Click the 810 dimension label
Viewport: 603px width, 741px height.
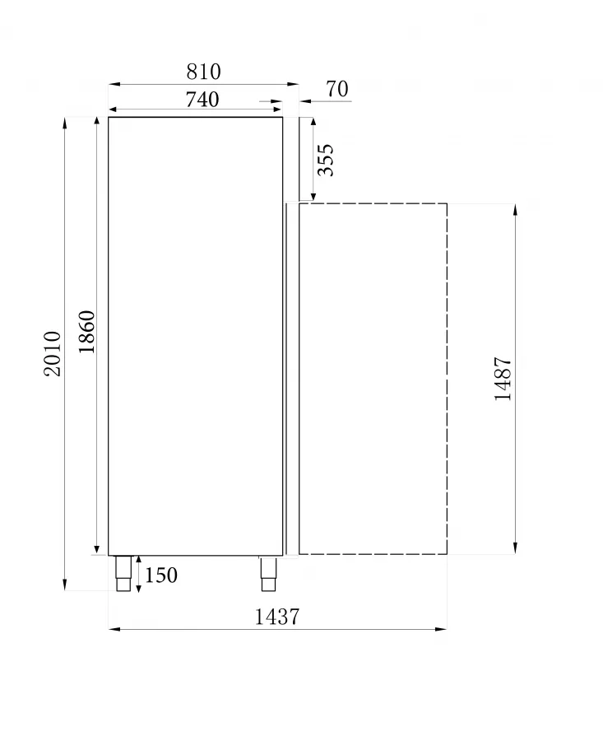pos(203,72)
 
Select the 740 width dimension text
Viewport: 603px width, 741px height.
pos(202,100)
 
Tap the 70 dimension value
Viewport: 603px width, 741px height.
pos(337,89)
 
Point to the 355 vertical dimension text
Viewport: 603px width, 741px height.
pos(326,160)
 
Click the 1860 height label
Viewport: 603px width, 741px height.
pos(86,332)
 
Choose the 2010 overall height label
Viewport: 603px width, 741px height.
pos(53,353)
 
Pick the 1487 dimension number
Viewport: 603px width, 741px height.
pos(503,379)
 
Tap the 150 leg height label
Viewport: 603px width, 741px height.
pos(161,576)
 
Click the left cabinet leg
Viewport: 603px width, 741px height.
pos(123,573)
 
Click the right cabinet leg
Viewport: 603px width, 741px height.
pos(268,573)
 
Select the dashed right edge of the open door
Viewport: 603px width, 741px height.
pos(447,379)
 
